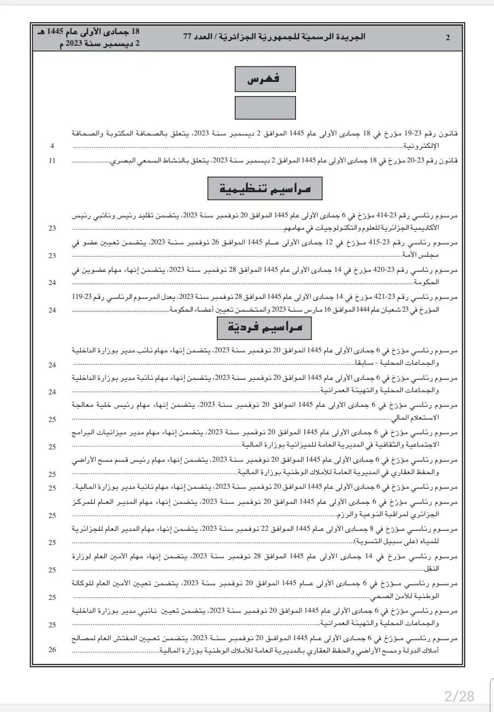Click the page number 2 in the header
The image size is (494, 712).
447,38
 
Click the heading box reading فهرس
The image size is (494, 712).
265,79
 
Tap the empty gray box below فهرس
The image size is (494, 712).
265,108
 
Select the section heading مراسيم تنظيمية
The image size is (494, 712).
265,189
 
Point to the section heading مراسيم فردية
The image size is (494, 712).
265,327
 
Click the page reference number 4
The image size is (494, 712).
52,146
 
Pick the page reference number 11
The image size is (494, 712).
52,161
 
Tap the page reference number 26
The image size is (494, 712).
52,649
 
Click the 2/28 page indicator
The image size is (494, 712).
459,696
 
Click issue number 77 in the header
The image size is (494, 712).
187,37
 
